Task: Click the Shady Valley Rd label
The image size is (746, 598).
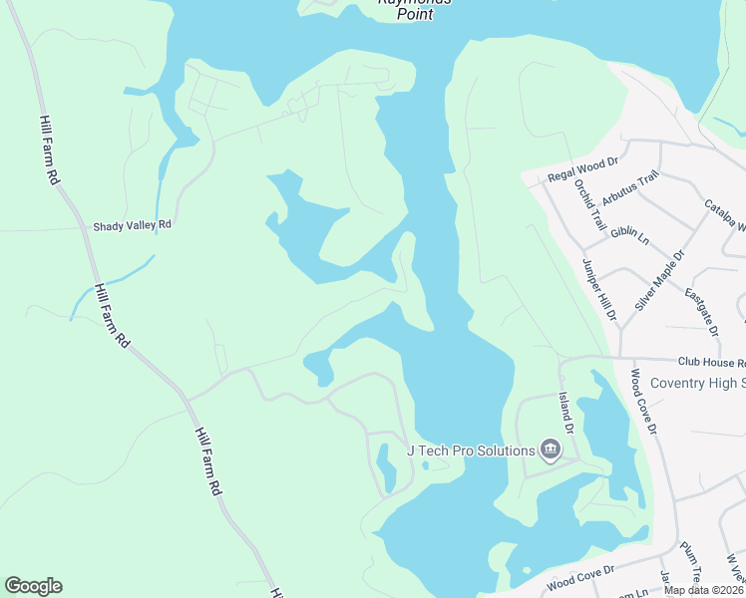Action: click(133, 226)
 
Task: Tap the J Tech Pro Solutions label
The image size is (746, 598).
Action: click(471, 450)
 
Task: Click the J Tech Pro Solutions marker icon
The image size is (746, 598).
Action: click(550, 450)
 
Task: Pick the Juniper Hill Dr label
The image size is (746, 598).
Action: click(599, 289)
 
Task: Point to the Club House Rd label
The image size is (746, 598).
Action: click(711, 363)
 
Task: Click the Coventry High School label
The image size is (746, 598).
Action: click(697, 384)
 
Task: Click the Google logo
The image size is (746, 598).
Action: click(33, 586)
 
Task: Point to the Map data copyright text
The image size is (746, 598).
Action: click(704, 590)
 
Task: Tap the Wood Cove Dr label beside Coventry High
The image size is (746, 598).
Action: click(643, 402)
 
